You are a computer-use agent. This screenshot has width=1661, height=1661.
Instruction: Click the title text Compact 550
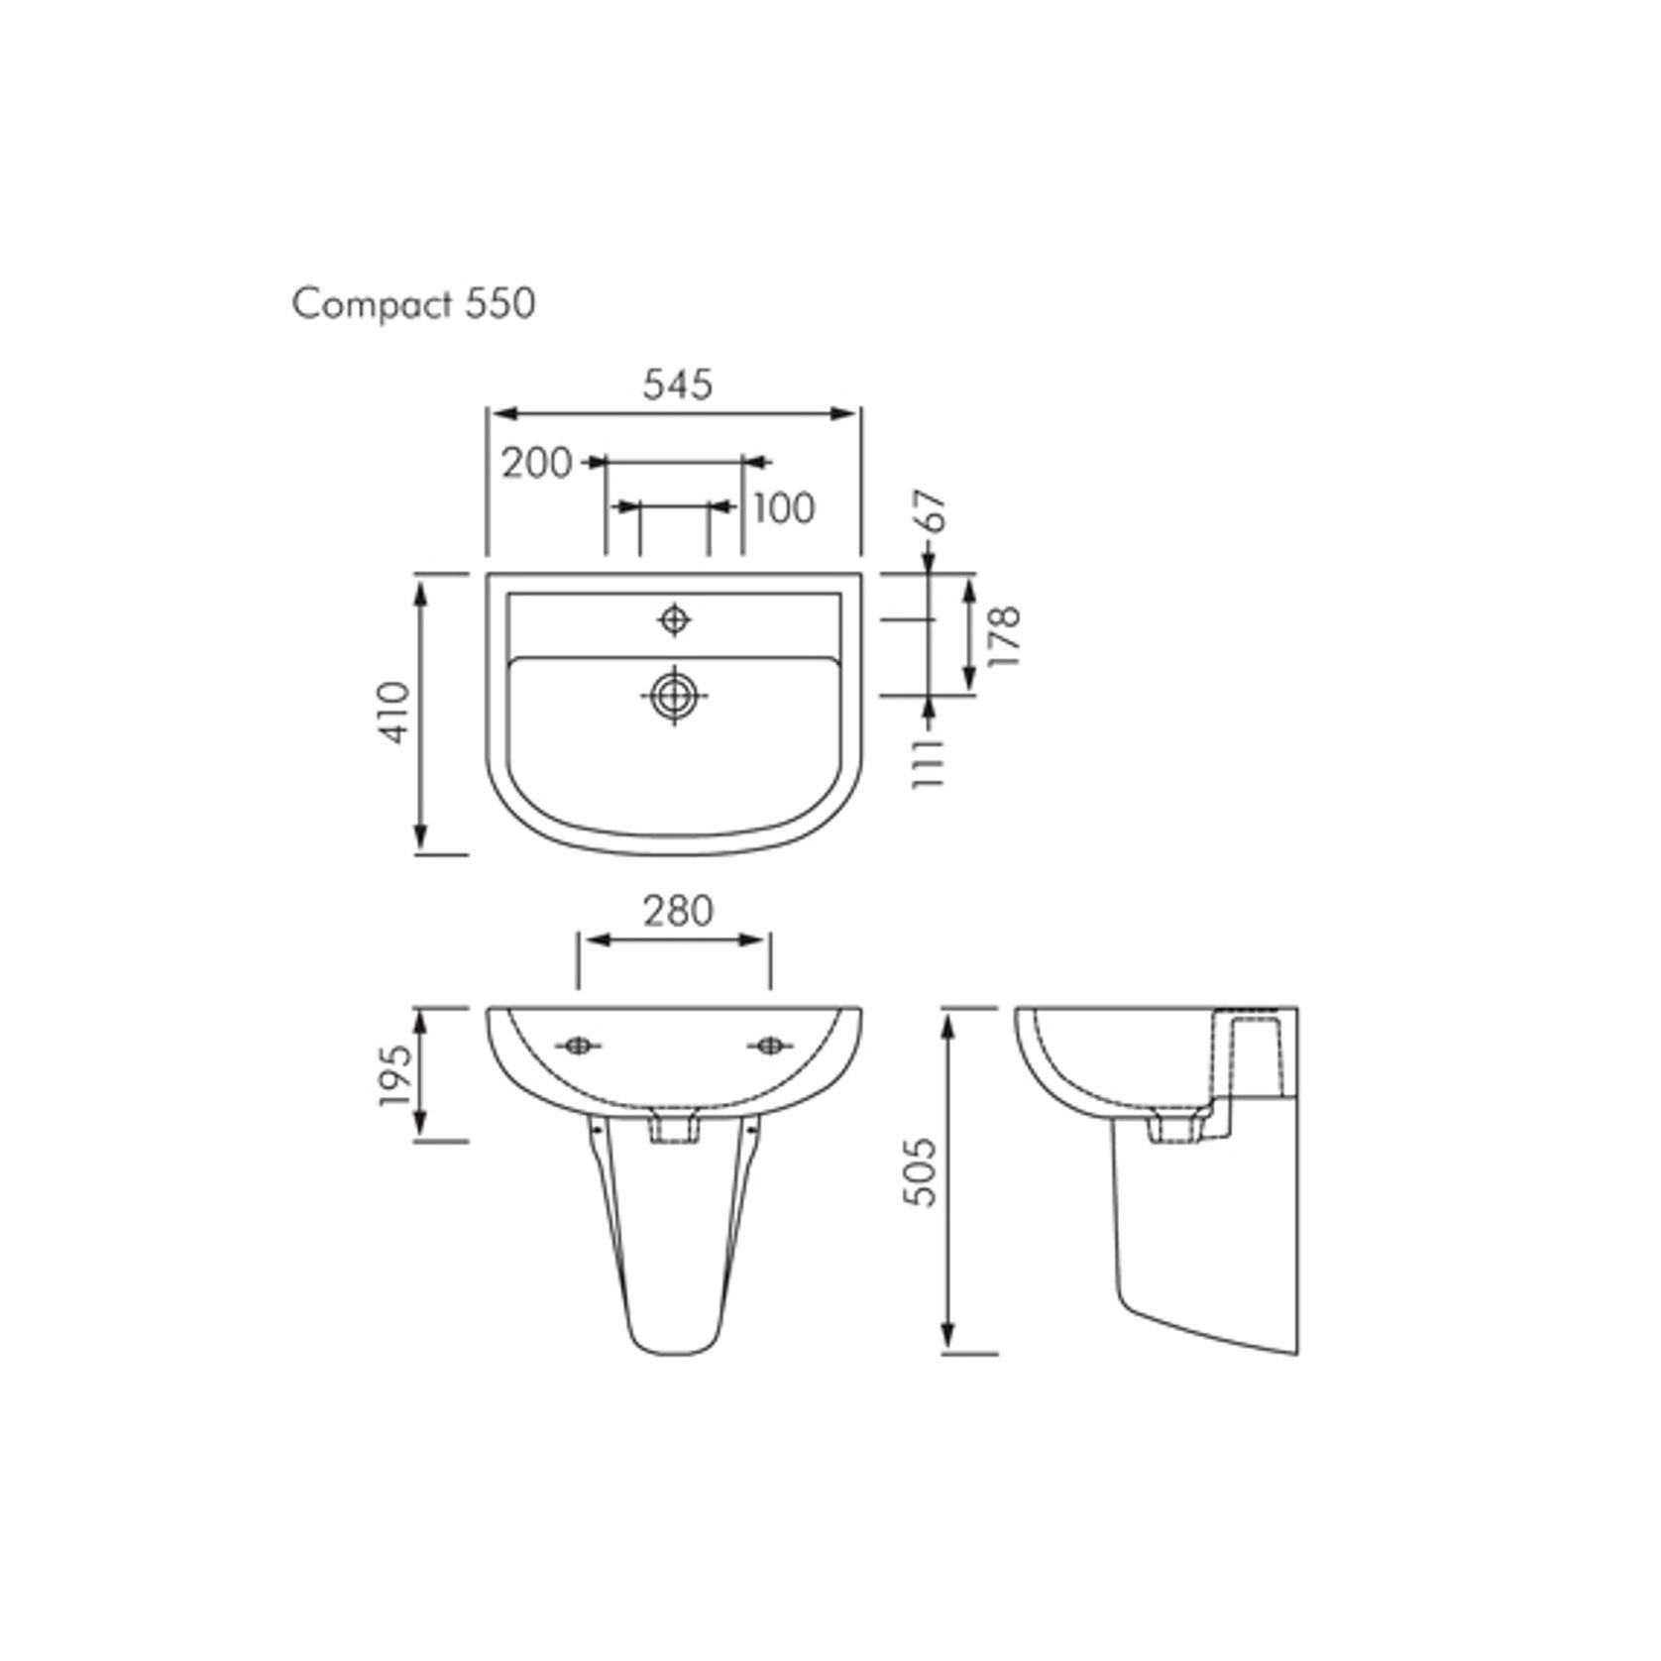(x=413, y=303)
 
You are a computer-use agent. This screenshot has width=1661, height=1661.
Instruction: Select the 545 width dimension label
(x=677, y=385)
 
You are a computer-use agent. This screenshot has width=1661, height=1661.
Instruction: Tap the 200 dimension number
(x=536, y=463)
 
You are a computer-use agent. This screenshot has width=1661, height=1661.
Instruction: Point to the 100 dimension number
(x=784, y=508)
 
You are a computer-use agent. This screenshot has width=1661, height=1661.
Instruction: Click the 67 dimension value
(x=935, y=511)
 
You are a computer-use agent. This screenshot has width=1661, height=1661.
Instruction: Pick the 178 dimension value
(x=1005, y=635)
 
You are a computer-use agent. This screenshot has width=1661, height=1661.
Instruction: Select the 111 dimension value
(x=929, y=762)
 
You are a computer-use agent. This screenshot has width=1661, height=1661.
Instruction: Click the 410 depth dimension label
(x=395, y=713)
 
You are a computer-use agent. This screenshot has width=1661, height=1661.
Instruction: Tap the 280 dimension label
(x=677, y=911)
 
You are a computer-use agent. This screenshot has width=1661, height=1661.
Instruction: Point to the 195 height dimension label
(x=393, y=1075)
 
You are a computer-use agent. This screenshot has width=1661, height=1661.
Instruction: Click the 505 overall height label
(x=921, y=1171)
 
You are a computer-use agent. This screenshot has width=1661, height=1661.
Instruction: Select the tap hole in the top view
(x=675, y=619)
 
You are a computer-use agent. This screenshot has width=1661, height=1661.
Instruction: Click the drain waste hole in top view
(x=674, y=696)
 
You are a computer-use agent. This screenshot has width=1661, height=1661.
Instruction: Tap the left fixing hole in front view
(x=577, y=1046)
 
